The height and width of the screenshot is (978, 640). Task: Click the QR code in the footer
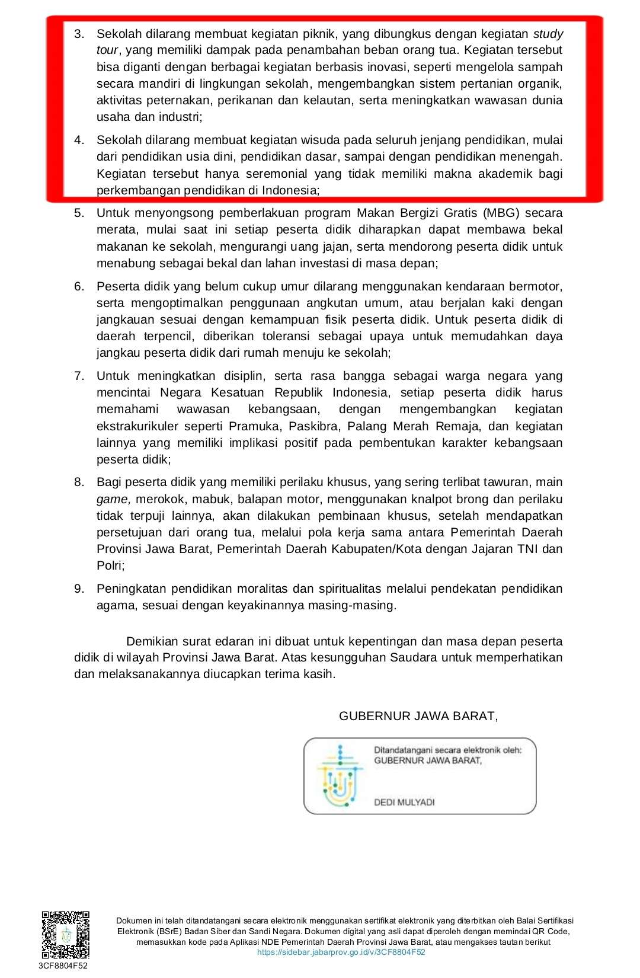(65, 935)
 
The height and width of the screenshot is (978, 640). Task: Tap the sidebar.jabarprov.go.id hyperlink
(341, 952)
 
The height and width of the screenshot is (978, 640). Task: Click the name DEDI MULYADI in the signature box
(404, 802)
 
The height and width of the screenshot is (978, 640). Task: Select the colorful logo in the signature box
(340, 776)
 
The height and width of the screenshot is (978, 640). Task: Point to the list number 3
(79, 34)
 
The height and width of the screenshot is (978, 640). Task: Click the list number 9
(79, 589)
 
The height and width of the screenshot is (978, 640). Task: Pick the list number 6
(79, 286)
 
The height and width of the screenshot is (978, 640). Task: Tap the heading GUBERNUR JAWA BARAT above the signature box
(418, 716)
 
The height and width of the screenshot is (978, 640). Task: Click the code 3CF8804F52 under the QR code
(63, 966)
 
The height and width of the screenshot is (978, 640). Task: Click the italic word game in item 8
(113, 499)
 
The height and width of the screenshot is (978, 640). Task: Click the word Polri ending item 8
(110, 565)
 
